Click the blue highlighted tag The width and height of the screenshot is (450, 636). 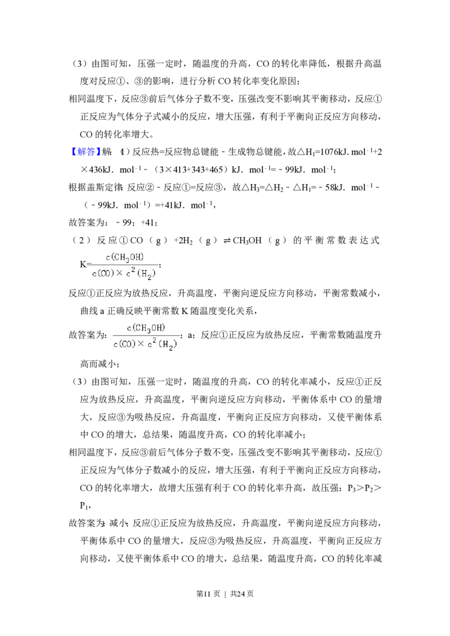[x=86, y=152]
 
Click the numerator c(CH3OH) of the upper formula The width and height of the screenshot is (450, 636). [x=125, y=257]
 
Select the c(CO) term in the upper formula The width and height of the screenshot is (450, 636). [x=103, y=274]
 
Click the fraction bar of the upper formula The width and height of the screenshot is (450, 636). [x=125, y=265]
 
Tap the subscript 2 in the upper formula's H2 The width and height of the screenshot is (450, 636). [x=150, y=277]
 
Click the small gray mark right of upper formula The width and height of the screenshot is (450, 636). [x=160, y=265]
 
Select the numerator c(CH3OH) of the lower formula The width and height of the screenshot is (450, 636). [x=146, y=328]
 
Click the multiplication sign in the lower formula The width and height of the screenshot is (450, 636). [x=141, y=344]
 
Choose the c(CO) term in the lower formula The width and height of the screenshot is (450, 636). [x=124, y=344]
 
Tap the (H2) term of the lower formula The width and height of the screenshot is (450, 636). [x=168, y=345]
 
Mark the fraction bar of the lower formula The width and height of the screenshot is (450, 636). [x=146, y=335]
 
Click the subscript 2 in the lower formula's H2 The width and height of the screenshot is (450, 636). [x=169, y=347]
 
